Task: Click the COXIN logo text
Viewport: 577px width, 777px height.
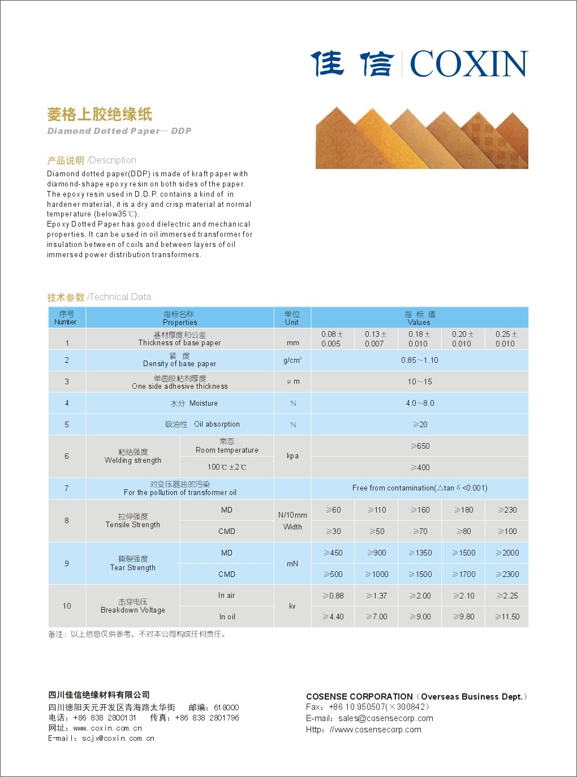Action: click(468, 63)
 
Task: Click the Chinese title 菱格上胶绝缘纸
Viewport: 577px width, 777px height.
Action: click(100, 114)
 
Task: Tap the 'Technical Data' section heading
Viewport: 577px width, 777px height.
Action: click(119, 297)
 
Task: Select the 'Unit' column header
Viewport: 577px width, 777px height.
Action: click(292, 318)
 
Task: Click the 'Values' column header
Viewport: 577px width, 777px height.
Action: click(419, 318)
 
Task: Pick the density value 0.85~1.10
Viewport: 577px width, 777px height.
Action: click(419, 360)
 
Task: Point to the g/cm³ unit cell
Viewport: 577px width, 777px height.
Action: click(292, 360)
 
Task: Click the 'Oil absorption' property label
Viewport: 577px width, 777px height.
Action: click(217, 424)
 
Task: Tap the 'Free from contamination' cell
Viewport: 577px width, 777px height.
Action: click(419, 488)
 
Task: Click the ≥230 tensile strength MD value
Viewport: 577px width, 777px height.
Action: click(507, 510)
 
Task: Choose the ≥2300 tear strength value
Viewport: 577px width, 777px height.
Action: click(507, 574)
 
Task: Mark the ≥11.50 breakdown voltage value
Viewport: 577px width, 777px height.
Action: click(507, 617)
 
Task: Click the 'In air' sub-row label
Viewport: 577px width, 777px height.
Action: click(226, 596)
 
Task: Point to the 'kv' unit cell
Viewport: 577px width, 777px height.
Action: click(292, 606)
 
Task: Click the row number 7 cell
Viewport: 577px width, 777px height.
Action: click(67, 488)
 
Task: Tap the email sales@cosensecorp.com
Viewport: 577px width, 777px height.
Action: click(386, 718)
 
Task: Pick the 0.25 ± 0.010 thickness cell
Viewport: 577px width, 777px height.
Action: click(506, 338)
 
